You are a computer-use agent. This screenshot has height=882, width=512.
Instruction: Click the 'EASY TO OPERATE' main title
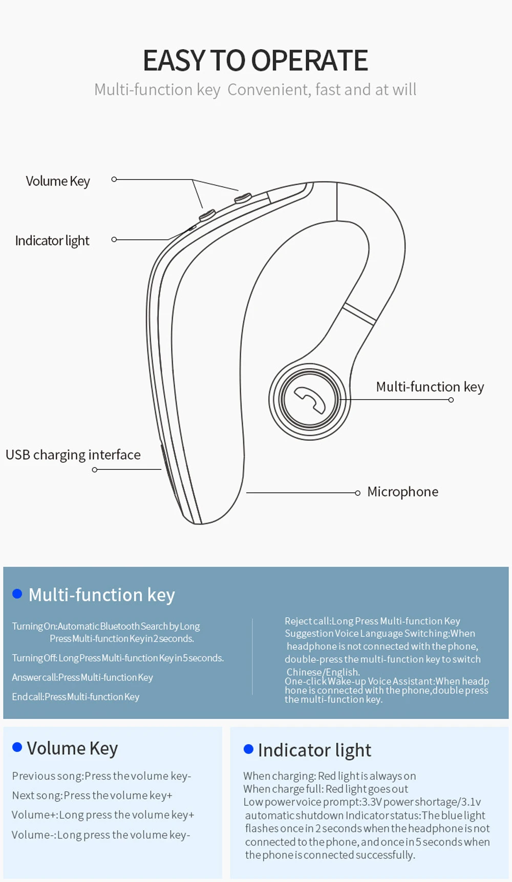click(x=255, y=60)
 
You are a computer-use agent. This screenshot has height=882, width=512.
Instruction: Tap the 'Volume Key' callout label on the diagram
click(x=58, y=182)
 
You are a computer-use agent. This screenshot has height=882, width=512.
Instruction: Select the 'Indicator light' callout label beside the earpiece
click(x=52, y=241)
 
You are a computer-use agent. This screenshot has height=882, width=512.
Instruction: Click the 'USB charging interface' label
click(x=73, y=455)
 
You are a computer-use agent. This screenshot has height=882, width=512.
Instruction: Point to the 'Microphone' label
click(x=402, y=492)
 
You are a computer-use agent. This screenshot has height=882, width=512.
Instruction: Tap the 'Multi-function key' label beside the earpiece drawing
click(x=430, y=387)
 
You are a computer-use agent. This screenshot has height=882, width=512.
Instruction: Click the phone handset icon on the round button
click(x=310, y=399)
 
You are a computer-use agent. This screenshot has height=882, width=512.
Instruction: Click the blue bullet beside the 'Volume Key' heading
click(x=17, y=748)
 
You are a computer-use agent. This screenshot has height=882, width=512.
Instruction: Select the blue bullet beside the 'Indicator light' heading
click(x=249, y=750)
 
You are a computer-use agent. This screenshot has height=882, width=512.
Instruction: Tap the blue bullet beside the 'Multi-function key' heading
click(x=17, y=594)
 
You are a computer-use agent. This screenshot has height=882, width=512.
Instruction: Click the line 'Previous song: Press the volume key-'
click(x=101, y=776)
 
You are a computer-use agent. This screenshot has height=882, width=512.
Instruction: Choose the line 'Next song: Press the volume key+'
click(x=92, y=796)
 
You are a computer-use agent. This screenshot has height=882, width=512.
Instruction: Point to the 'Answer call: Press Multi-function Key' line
click(x=82, y=677)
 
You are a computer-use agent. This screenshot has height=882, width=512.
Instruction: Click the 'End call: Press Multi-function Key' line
click(x=76, y=697)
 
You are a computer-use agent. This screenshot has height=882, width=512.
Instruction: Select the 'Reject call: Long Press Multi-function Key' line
click(x=372, y=621)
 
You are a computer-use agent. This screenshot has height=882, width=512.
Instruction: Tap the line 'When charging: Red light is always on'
click(x=329, y=776)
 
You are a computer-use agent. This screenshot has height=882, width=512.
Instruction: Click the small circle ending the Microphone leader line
click(x=358, y=493)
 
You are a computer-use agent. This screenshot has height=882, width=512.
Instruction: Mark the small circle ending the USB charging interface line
click(x=95, y=469)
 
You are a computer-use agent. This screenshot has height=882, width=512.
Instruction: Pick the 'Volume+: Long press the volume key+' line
click(x=103, y=815)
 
